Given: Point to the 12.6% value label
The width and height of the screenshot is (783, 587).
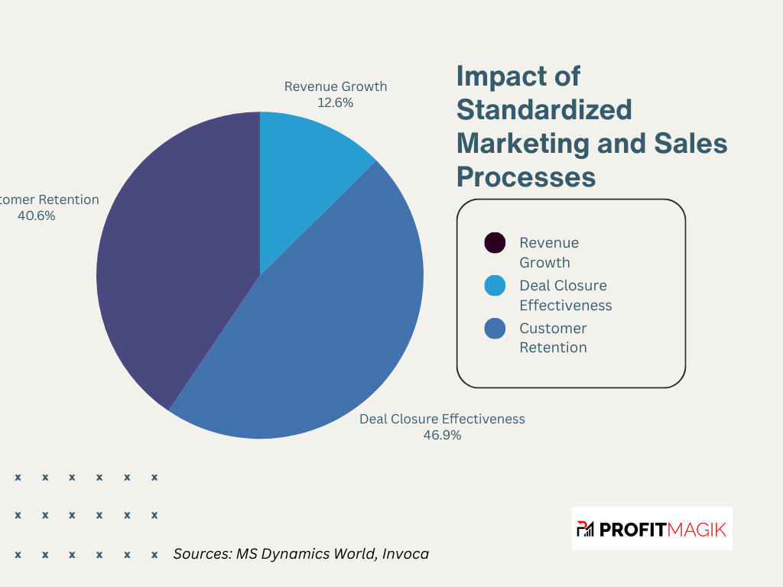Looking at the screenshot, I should click(x=335, y=102).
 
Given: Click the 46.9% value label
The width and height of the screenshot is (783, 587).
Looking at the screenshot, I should click(x=442, y=435).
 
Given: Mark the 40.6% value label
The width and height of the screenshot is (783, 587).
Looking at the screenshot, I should click(x=36, y=216).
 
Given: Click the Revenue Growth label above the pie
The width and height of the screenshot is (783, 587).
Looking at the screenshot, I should click(x=335, y=86).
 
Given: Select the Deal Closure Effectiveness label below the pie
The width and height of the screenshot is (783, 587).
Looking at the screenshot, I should click(x=442, y=419).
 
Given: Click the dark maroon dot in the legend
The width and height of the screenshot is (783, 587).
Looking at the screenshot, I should click(x=495, y=243).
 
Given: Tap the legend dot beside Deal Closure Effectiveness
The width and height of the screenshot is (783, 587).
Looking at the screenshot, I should click(x=495, y=286).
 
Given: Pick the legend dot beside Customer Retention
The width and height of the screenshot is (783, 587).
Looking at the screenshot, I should click(x=495, y=329).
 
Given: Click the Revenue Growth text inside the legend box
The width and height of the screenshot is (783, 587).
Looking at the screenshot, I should click(x=548, y=252).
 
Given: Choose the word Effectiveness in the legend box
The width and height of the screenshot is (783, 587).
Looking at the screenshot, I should click(x=565, y=305).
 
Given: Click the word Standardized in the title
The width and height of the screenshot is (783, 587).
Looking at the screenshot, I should click(x=544, y=109).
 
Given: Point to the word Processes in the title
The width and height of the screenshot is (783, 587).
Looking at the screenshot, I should click(x=525, y=177).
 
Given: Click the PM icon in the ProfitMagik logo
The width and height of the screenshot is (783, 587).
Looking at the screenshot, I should click(x=585, y=528).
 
